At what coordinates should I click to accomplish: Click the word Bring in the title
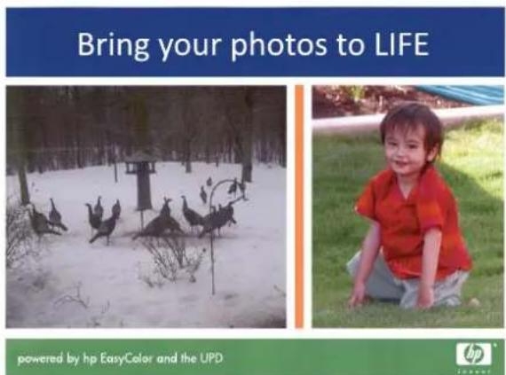click(113, 45)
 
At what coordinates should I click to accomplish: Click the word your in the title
click(189, 48)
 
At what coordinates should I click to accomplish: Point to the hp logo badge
click(474, 354)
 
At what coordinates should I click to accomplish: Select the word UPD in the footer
click(211, 358)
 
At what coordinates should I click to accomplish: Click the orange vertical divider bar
click(299, 207)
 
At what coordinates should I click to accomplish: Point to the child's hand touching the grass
click(358, 298)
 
